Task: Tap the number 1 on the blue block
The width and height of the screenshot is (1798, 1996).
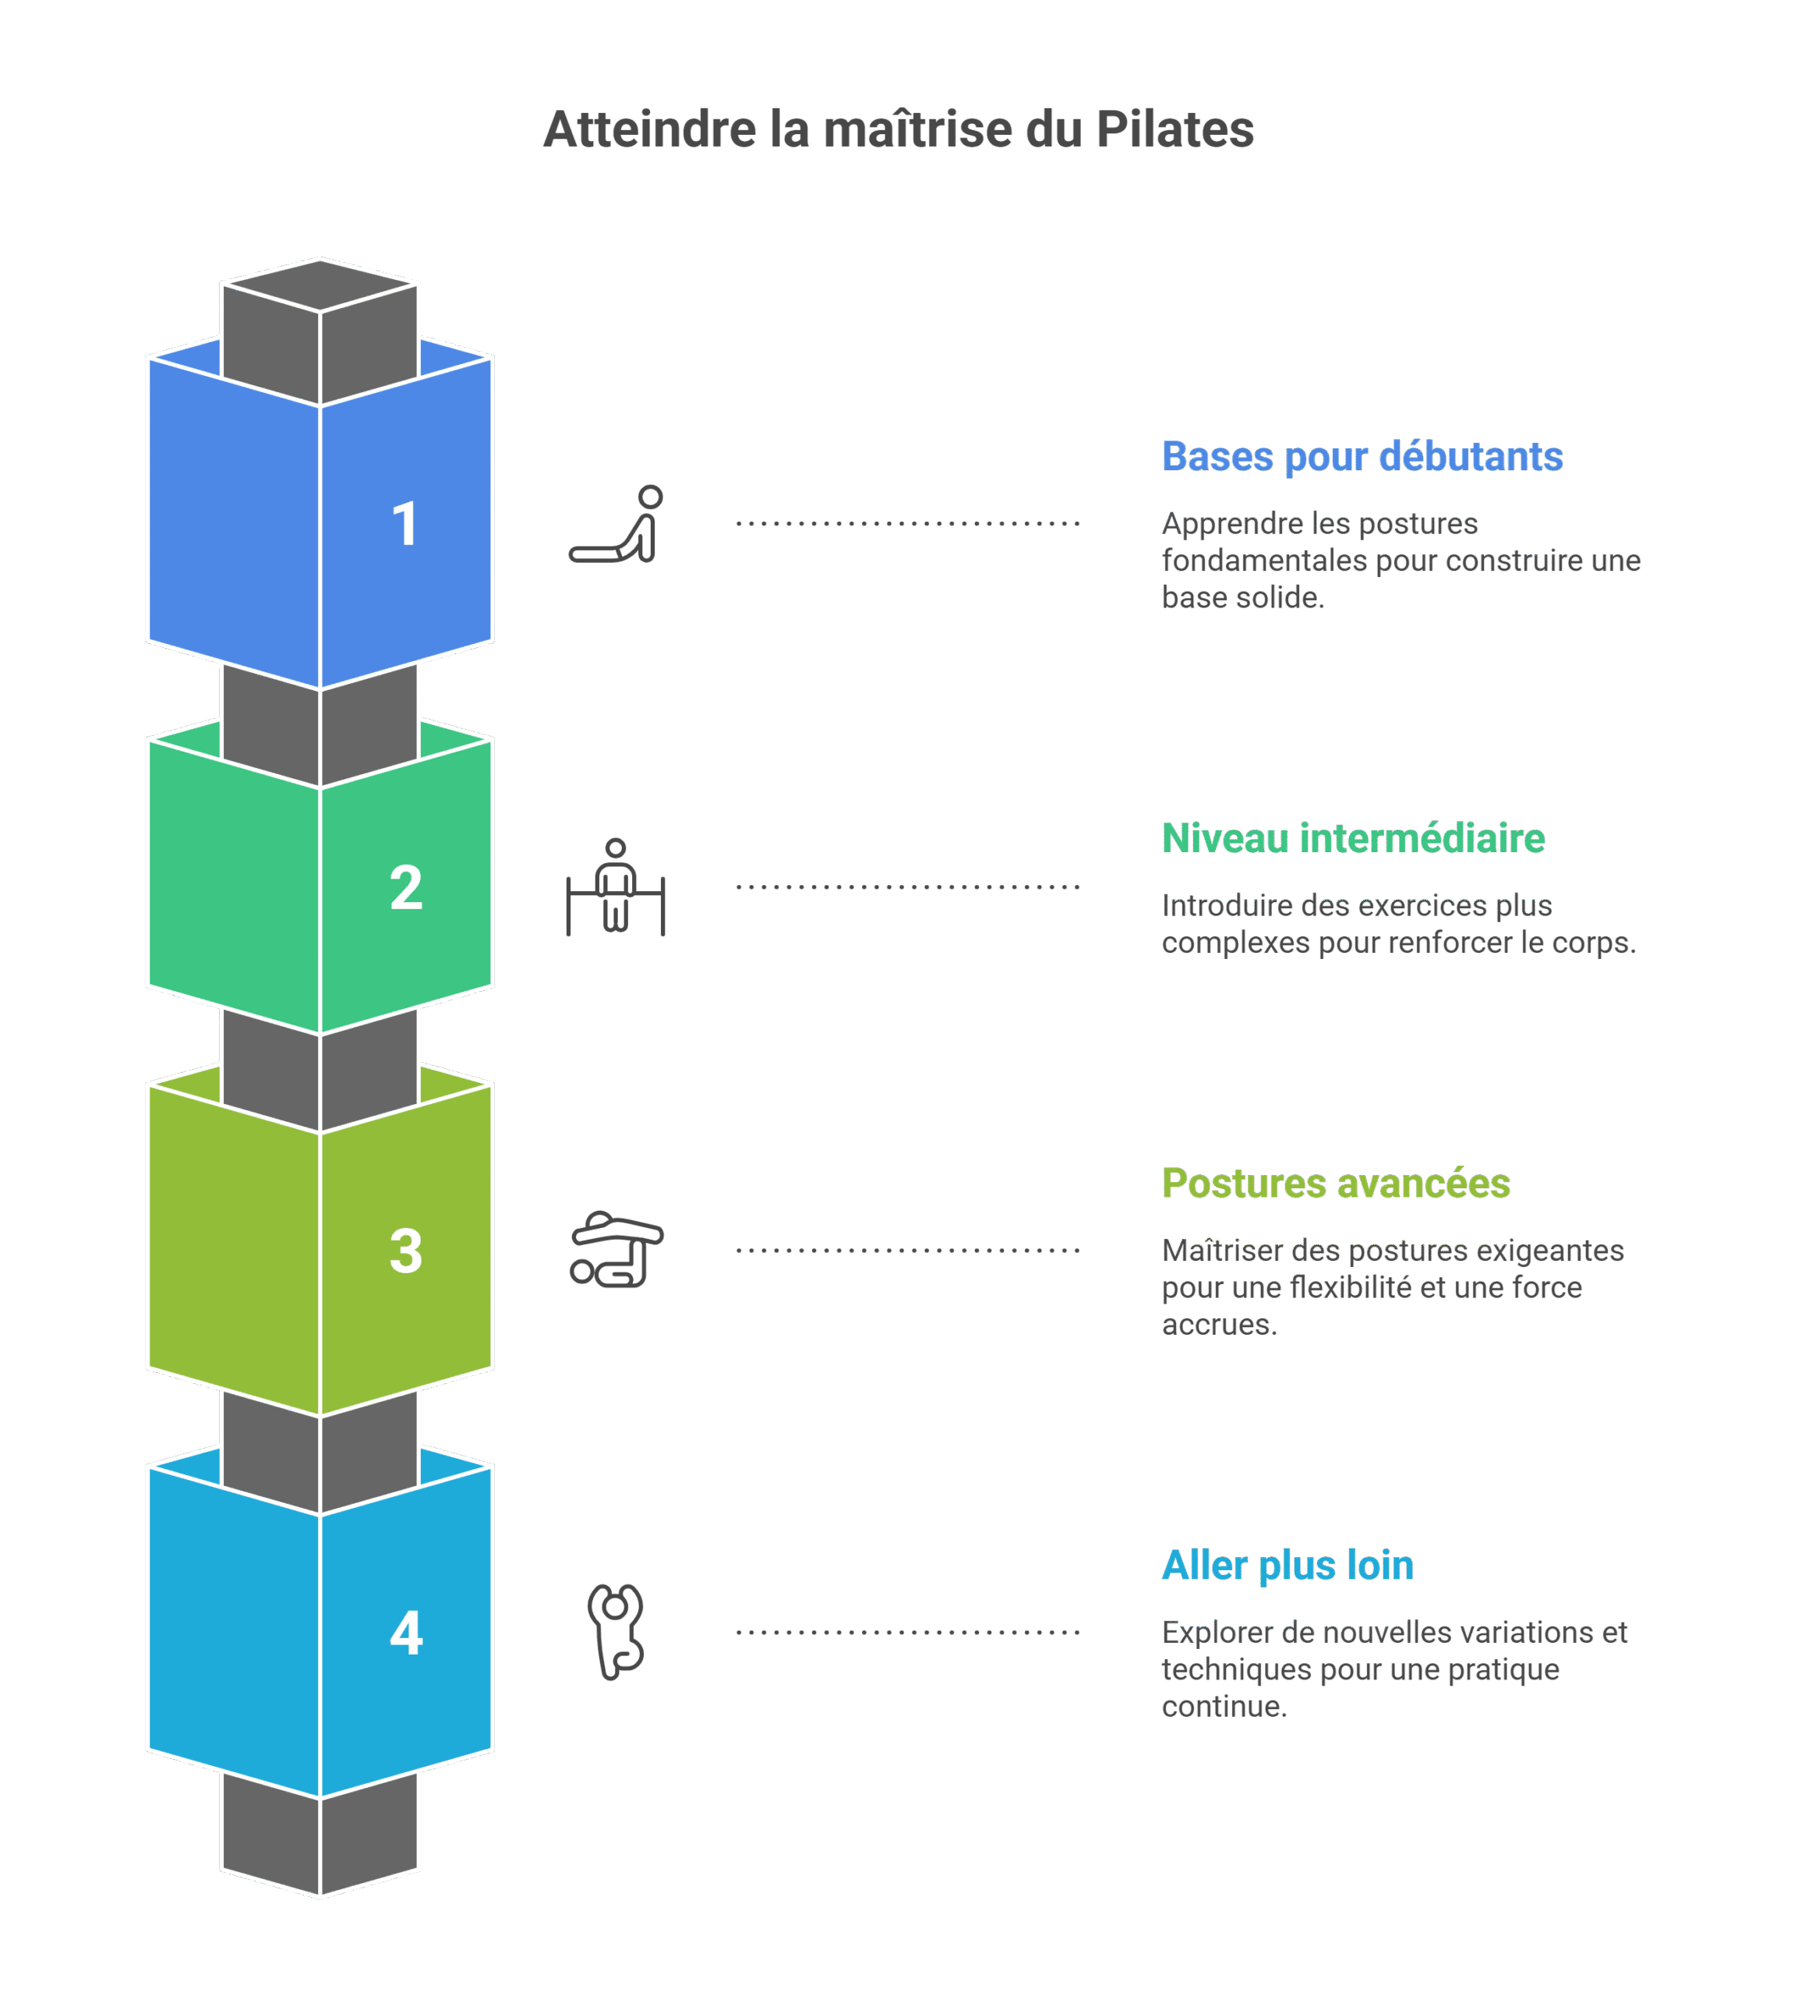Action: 405,524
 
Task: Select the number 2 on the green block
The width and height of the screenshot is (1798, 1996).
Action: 406,887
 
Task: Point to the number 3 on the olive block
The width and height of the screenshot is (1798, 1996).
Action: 406,1251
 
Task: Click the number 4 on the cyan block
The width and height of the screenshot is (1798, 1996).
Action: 406,1633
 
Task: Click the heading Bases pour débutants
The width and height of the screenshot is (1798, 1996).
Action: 1362,457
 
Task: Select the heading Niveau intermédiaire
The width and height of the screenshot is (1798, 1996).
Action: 1352,838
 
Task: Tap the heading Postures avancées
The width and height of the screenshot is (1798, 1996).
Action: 1336,1183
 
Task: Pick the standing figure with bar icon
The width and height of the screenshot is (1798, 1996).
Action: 616,887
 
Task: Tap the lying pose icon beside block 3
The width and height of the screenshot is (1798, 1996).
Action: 616,1250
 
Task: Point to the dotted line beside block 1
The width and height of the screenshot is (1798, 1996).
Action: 908,524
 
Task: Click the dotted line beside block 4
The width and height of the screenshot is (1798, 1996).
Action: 908,1633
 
